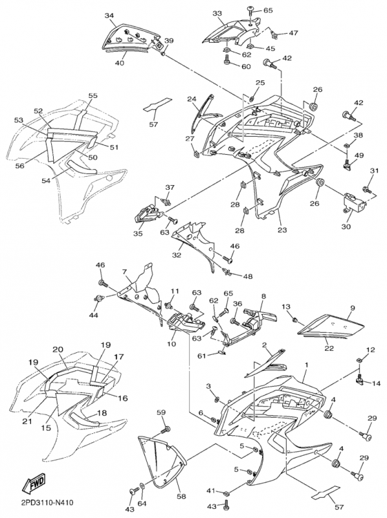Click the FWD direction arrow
33,482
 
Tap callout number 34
109,16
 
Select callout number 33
217,13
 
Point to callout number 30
346,227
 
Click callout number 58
181,496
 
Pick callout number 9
353,308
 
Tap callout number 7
124,272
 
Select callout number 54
46,181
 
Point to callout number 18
102,413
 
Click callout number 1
307,365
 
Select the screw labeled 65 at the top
251,12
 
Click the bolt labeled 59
166,431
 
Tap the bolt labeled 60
228,60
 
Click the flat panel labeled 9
331,326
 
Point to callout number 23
282,230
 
